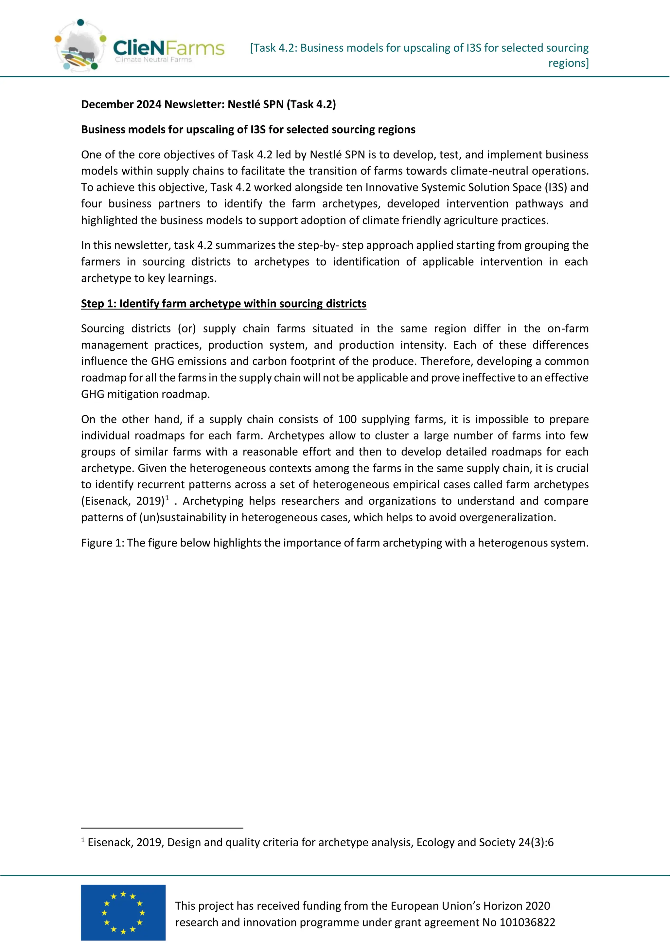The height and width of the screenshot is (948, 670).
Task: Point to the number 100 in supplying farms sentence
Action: pos(347,419)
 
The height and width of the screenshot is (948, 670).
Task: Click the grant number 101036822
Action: pos(527,922)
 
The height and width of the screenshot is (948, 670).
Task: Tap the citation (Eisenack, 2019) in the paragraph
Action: pos(123,501)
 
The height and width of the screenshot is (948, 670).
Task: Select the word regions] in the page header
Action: pos(568,63)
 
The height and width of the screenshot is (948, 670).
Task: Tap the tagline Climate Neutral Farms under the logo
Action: pos(153,60)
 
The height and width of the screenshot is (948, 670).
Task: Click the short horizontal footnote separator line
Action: pos(162,828)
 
